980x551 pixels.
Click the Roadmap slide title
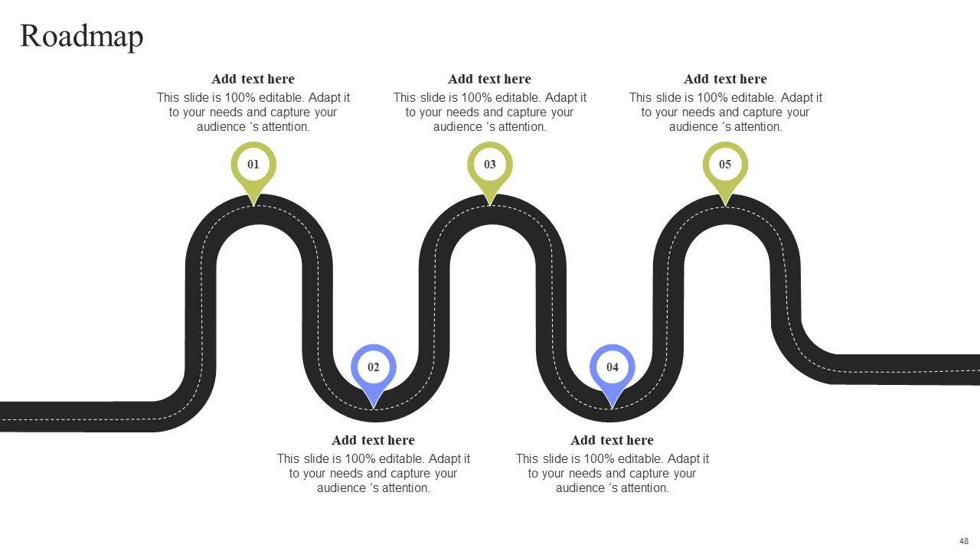coord(81,36)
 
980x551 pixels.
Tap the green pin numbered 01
coord(253,165)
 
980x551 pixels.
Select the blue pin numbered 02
coord(373,367)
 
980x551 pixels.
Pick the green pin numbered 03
coord(490,165)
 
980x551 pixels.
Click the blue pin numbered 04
coord(612,367)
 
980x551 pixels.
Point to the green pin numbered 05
coord(725,165)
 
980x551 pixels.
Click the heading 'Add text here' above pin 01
coord(253,79)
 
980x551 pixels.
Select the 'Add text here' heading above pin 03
coord(489,79)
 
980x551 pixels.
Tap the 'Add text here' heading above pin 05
coord(725,79)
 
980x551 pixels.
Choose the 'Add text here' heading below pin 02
coord(373,440)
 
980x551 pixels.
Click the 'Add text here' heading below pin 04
coord(612,440)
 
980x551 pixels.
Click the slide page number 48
coord(964,541)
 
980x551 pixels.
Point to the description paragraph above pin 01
coord(253,112)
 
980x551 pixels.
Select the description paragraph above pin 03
coord(490,112)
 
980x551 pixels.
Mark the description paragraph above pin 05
coord(726,112)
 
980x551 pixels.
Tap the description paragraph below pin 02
coord(374,473)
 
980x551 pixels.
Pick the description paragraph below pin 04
coord(612,473)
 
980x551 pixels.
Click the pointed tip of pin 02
coord(374,406)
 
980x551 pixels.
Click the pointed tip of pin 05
coord(725,204)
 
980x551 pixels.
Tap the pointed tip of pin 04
coord(612,406)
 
